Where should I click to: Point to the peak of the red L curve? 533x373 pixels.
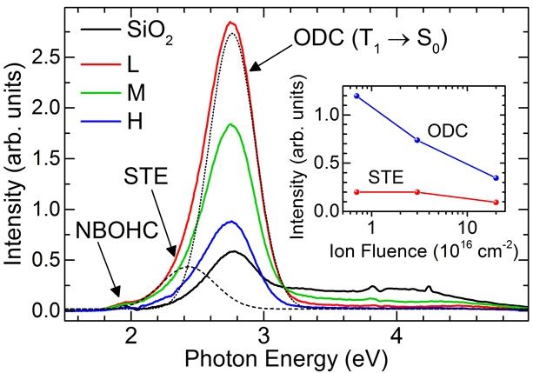click(230, 23)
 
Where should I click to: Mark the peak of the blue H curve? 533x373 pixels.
click(230, 222)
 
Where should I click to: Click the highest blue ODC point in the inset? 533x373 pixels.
click(356, 96)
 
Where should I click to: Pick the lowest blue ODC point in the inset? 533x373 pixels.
click(496, 177)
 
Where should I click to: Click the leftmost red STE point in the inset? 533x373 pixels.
click(356, 191)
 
